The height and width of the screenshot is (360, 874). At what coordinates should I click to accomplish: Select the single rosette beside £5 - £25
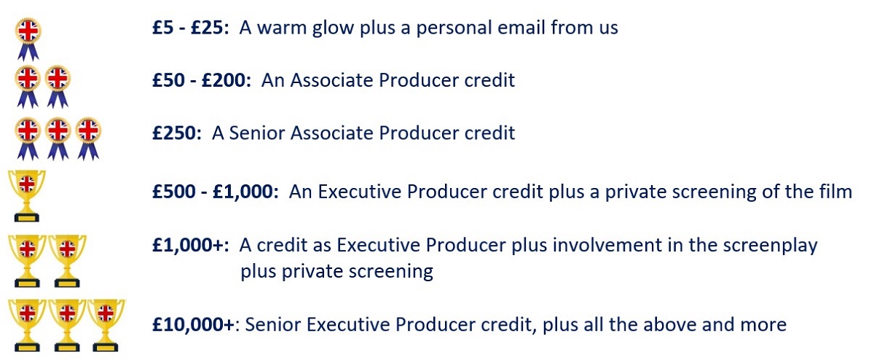coord(28,39)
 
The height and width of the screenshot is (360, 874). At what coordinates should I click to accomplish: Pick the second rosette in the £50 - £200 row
coord(58,87)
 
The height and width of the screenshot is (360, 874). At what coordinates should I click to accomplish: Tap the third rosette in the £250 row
coord(88,139)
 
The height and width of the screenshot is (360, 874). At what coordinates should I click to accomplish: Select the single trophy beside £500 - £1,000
coord(26,196)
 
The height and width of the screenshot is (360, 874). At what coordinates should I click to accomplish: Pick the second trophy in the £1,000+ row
coord(67,261)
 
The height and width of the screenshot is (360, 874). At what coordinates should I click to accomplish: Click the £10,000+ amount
coord(194,324)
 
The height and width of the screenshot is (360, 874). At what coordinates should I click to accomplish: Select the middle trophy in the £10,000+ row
coord(67,325)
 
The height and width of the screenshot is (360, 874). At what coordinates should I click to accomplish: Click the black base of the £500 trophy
coord(26,216)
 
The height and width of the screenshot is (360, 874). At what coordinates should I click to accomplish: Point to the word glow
coord(333,28)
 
